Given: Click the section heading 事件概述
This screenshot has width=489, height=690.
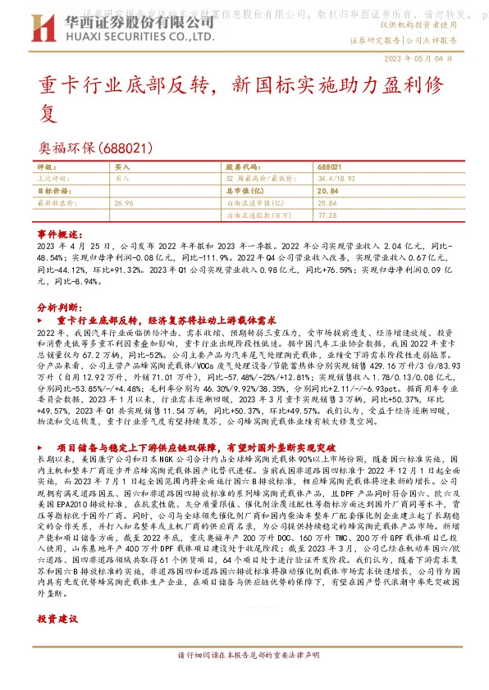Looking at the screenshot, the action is coord(57,234).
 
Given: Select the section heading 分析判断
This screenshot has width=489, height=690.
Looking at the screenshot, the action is coord(57,305).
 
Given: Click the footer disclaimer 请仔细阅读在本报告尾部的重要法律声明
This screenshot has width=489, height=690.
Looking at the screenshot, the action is coord(244,679).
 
